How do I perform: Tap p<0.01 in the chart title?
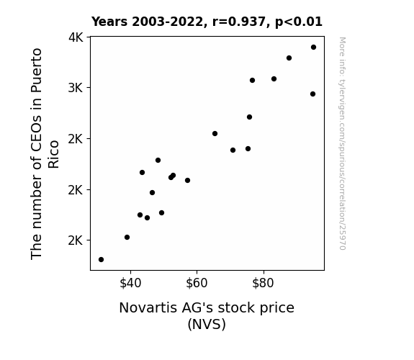299,22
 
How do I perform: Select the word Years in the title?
109,22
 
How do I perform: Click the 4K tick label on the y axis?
76,37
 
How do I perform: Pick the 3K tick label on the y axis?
76,88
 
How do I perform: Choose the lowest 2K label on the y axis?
76,240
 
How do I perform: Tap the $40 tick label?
130,283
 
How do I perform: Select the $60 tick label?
197,283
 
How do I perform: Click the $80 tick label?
263,283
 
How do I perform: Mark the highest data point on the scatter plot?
313,48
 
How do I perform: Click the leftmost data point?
101,260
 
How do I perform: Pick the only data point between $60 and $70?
215,134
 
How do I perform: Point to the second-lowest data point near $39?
127,237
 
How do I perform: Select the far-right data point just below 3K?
313,94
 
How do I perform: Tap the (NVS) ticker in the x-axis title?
207,324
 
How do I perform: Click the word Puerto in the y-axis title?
37,70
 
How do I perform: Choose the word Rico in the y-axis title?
53,155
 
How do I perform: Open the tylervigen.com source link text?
343,143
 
